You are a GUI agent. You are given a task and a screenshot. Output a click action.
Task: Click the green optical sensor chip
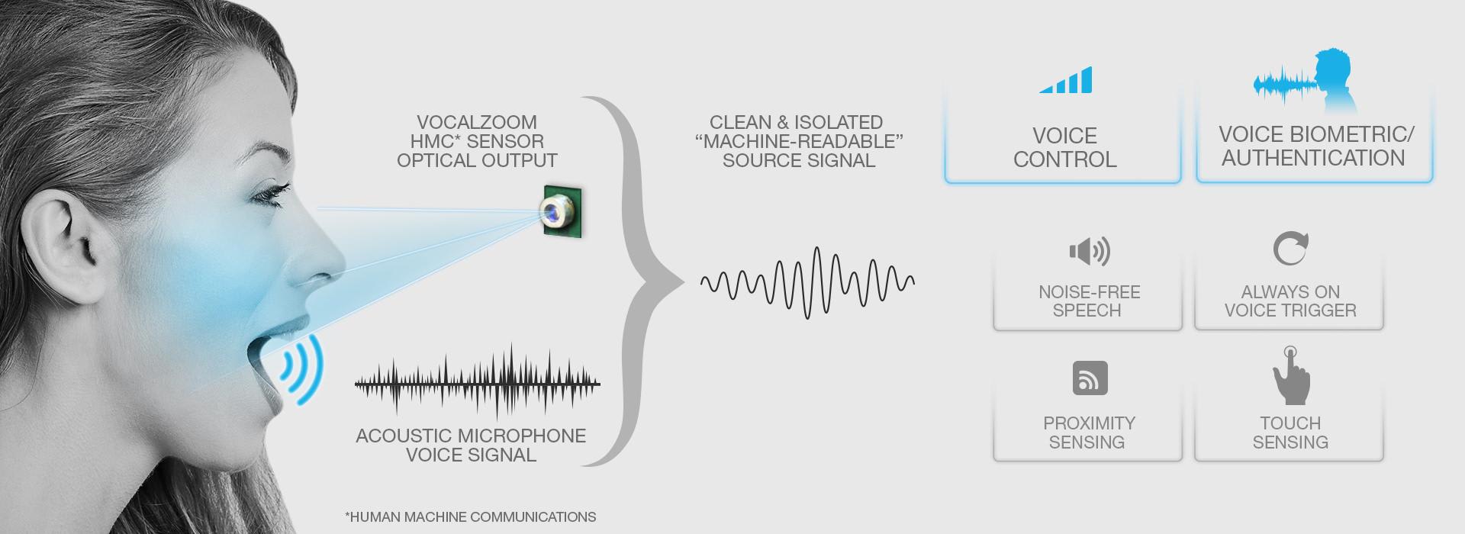pos(562,211)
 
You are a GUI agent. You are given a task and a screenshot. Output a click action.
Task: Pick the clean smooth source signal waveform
pos(807,282)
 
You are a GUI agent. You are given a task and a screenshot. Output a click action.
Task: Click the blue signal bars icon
pos(1067,81)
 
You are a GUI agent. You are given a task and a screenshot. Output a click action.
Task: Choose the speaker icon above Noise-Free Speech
pos(1089,251)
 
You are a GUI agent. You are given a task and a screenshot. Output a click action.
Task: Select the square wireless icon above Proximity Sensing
pos(1090,378)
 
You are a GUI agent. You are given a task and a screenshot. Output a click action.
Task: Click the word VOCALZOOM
pos(477,122)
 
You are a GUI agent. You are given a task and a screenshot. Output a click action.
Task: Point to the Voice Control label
pos(1064,147)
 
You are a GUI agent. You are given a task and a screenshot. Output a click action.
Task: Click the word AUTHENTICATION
pos(1313,158)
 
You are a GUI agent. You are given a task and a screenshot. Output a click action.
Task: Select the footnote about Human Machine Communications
pos(471,516)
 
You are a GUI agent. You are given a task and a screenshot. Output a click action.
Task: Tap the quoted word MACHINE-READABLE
pos(799,141)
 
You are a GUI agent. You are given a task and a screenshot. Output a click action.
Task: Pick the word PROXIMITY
pos(1089,423)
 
